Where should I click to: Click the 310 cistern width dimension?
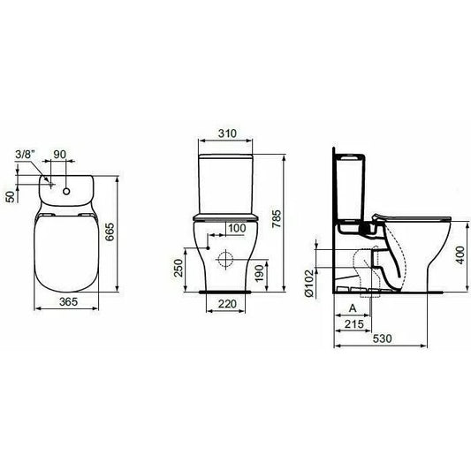point(227,133)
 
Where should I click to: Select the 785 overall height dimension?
point(277,218)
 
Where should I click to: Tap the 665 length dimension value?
point(110,232)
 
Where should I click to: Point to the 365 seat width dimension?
point(69,301)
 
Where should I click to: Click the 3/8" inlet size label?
point(26,155)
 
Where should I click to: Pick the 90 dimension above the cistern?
point(59,154)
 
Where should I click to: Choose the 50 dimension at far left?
point(11,196)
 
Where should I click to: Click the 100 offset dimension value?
point(237,228)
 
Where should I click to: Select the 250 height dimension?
point(179,268)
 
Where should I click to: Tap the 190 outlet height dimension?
point(259,273)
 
